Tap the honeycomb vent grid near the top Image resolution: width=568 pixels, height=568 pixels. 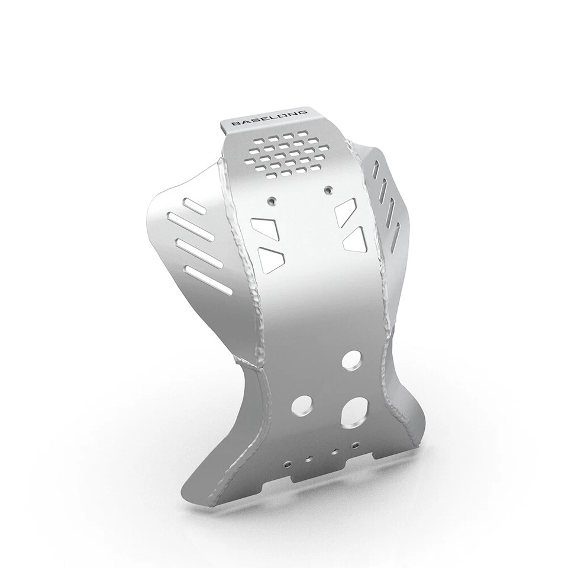tap(286, 154)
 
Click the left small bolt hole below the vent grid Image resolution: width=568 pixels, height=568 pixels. tap(272, 199)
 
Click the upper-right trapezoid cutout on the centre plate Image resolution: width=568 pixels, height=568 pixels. tap(344, 211)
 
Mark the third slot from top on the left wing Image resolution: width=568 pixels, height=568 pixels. tap(199, 251)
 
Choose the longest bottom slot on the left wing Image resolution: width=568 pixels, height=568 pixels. tap(208, 279)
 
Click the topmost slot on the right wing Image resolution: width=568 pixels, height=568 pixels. tap(376, 170)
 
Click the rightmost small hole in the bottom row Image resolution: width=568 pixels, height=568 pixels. tap(355, 444)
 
